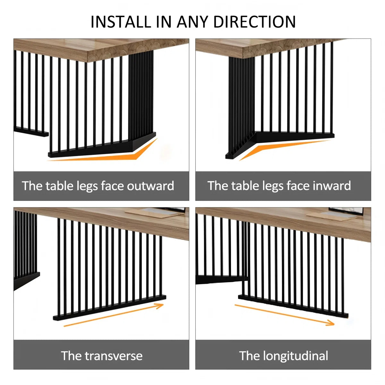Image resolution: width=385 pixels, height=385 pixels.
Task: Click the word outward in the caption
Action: [150, 186]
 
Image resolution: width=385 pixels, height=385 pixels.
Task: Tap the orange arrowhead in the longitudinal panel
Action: [330, 322]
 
